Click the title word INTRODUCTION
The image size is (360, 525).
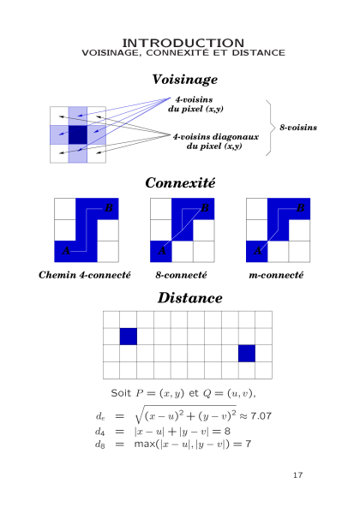[x=183, y=43]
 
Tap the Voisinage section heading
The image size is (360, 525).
[x=184, y=80]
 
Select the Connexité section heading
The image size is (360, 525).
[x=180, y=182]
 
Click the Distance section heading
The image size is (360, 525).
[x=190, y=298]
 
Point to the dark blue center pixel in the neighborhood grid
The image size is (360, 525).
[x=78, y=134]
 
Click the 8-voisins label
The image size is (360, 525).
[x=298, y=128]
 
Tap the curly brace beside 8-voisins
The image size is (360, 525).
[x=268, y=128]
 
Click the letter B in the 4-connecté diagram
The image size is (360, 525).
[x=109, y=208]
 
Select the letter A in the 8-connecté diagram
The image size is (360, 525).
[x=162, y=250]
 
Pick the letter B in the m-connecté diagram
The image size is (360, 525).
[x=301, y=208]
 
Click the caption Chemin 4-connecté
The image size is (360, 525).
[x=85, y=275]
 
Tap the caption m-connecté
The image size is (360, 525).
[x=276, y=275]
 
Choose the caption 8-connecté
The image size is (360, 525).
[x=181, y=275]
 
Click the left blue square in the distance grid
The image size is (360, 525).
[x=129, y=337]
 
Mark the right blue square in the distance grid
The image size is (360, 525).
[x=247, y=353]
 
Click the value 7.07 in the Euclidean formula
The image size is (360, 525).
[x=261, y=416]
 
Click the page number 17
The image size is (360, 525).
[x=297, y=475]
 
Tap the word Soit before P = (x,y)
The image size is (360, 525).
[x=121, y=393]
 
